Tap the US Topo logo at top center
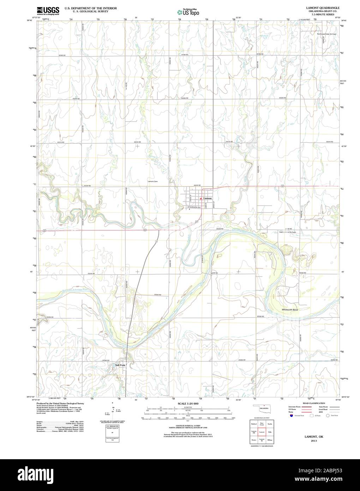pos(188,12)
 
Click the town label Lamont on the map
pos(208,198)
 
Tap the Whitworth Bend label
pos(290,310)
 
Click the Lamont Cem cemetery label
pos(152,182)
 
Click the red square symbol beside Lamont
pos(201,198)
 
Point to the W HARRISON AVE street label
pos(194,207)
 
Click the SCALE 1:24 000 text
pos(188,403)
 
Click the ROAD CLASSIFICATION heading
pos(313,403)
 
